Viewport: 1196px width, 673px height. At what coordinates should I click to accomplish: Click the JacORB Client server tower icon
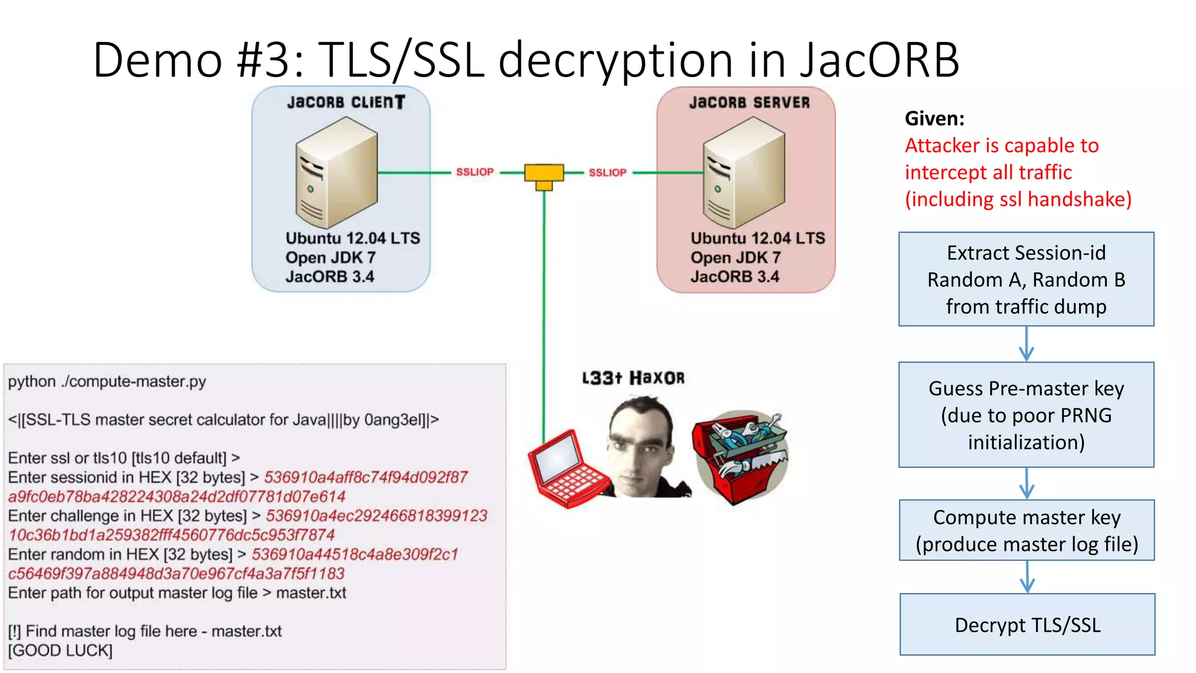336,172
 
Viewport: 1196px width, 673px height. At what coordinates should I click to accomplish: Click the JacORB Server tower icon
743,172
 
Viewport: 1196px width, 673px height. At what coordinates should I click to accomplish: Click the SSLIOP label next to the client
474,172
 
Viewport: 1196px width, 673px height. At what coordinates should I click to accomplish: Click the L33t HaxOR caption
633,378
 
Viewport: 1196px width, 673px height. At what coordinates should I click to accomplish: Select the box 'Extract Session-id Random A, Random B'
1026,279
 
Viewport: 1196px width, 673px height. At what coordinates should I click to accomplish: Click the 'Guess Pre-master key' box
1026,415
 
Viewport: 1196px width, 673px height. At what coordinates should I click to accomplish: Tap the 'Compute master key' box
1027,530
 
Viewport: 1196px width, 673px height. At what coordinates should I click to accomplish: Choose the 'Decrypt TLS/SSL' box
1027,625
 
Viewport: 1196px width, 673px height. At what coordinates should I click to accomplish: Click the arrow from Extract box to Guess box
1026,344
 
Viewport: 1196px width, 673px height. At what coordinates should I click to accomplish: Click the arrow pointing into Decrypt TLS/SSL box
1027,577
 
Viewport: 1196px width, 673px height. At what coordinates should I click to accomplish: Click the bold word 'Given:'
934,119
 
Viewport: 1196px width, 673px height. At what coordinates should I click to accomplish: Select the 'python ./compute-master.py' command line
107,381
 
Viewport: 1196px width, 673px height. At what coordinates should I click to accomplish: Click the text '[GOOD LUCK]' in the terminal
60,651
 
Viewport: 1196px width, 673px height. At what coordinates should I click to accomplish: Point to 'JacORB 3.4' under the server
734,276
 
